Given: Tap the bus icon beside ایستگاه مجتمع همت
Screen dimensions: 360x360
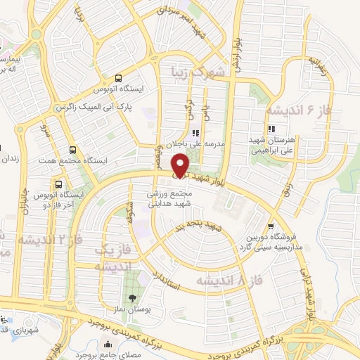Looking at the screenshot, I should click(x=73, y=150).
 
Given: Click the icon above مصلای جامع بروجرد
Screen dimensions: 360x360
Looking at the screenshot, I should click(x=108, y=345).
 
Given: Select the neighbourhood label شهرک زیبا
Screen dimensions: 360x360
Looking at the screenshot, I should click(x=199, y=72).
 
